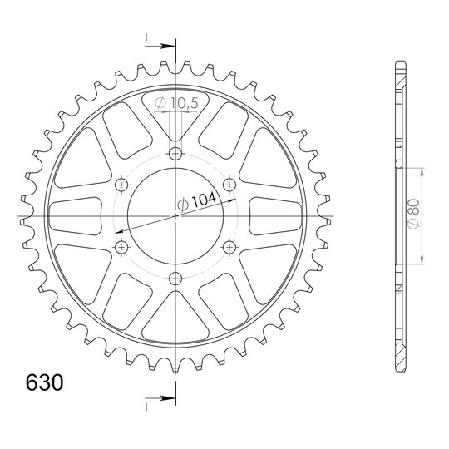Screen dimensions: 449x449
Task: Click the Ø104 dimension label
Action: pos(196,201)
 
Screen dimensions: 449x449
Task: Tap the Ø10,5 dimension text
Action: pos(176,103)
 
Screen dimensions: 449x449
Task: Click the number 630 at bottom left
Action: pos(44,382)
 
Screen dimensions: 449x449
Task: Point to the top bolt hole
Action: pos(175,154)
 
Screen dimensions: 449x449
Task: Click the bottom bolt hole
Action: pos(175,278)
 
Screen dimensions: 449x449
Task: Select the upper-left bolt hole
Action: pos(121,185)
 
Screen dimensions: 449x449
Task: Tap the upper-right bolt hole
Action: pos(229,185)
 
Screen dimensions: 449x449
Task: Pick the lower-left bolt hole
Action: pos(121,247)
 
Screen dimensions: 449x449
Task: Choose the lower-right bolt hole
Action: pos(229,247)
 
